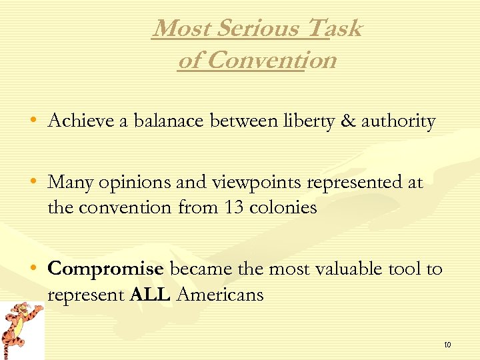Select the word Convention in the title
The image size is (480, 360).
click(271, 61)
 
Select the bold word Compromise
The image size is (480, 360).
click(105, 269)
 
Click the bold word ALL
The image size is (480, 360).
click(151, 294)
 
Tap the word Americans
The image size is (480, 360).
click(219, 294)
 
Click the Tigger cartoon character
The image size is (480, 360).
click(21, 329)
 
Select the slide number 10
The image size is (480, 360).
click(447, 345)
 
